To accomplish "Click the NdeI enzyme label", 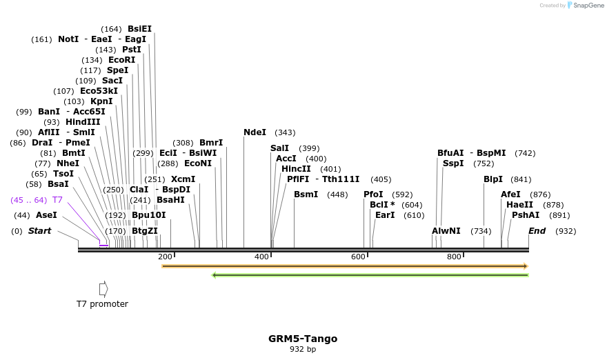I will [x=255, y=132].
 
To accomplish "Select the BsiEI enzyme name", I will [x=139, y=29].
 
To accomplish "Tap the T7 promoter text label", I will [x=102, y=303].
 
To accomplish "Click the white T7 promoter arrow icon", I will [x=103, y=288].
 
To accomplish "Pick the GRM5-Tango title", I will [x=303, y=339].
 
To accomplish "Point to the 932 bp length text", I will [x=303, y=350].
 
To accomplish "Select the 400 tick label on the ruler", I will [x=261, y=257].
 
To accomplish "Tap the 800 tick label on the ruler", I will [x=454, y=257].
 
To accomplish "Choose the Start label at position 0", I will [x=39, y=231].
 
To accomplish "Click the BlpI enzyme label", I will [x=493, y=179].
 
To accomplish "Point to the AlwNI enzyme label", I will [x=446, y=231].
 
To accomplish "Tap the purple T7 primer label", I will [x=57, y=200].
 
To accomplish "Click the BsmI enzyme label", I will [x=306, y=194].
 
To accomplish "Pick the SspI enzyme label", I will [x=453, y=163].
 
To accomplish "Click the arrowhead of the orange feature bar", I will [x=526, y=266].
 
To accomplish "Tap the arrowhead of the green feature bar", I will [x=215, y=274].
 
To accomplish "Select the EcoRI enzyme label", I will [x=121, y=60].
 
